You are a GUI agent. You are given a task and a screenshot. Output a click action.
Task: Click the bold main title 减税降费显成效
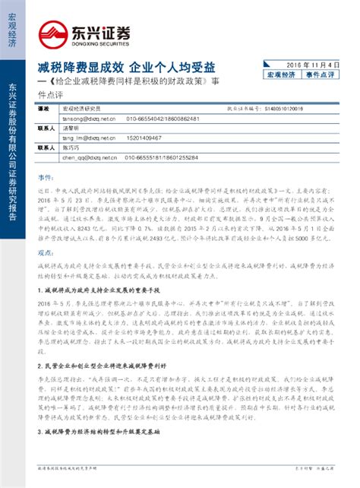coord(73,65)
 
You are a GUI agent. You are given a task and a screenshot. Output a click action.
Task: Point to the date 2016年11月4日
coord(312,66)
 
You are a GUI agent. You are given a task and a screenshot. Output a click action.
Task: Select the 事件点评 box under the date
coord(324,78)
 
